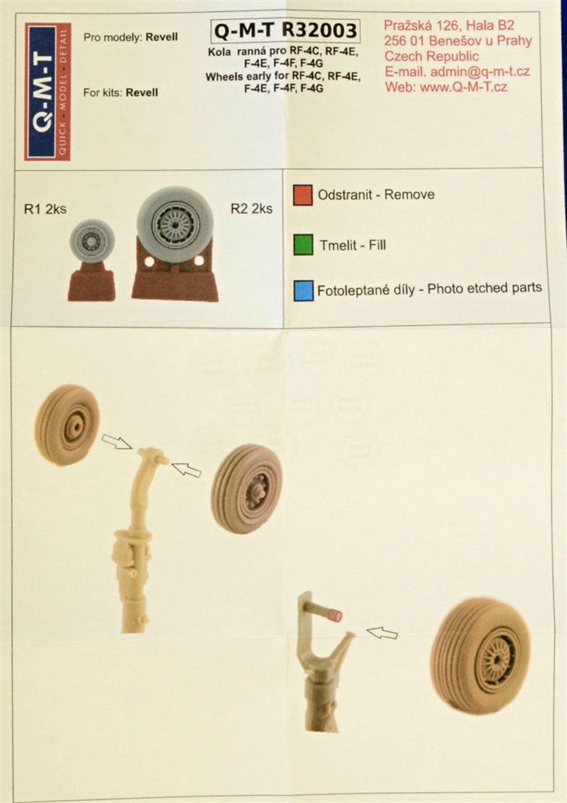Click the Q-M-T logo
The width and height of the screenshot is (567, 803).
48,91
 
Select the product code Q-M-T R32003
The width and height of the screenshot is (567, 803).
285,30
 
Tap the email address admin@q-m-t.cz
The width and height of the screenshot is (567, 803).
480,72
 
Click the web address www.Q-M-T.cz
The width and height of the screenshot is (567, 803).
464,87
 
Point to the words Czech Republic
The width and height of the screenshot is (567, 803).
431,56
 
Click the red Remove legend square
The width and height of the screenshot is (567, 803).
303,195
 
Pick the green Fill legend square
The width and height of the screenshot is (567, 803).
303,245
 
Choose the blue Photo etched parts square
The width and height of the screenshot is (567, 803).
304,290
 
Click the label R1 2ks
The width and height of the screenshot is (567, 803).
45,209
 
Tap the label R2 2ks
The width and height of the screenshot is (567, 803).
252,208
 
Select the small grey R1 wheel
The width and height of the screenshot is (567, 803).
92,241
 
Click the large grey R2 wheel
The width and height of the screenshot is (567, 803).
175,225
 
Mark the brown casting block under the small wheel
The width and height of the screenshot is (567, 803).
92,282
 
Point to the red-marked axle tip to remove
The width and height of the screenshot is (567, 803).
334,615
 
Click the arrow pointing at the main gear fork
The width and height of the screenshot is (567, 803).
382,633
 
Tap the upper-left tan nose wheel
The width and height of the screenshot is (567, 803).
67,425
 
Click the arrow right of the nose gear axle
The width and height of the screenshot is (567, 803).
186,470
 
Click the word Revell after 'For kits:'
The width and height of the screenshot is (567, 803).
142,93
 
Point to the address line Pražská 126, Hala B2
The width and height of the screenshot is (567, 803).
449,25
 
